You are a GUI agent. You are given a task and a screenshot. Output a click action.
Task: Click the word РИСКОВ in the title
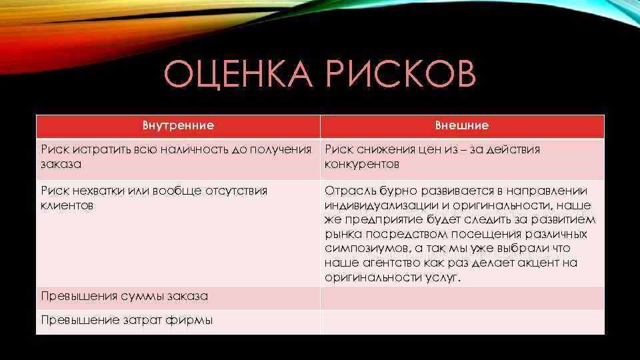pyautogui.click(x=402, y=75)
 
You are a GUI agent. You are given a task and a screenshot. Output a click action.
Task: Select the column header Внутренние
pyautogui.click(x=178, y=125)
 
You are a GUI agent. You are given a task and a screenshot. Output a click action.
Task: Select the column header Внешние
pyautogui.click(x=461, y=125)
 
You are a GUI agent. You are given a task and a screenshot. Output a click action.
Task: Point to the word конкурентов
pyautogui.click(x=362, y=164)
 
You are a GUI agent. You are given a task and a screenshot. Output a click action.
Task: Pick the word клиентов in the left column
pyautogui.click(x=65, y=205)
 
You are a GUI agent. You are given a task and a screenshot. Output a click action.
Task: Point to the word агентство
pyautogui.click(x=387, y=263)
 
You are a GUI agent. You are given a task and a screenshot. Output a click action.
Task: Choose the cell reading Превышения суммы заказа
pyautogui.click(x=125, y=296)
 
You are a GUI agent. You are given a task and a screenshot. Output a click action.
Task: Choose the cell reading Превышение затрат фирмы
pyautogui.click(x=127, y=320)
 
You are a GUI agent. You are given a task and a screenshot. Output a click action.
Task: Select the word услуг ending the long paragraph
pyautogui.click(x=441, y=277)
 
